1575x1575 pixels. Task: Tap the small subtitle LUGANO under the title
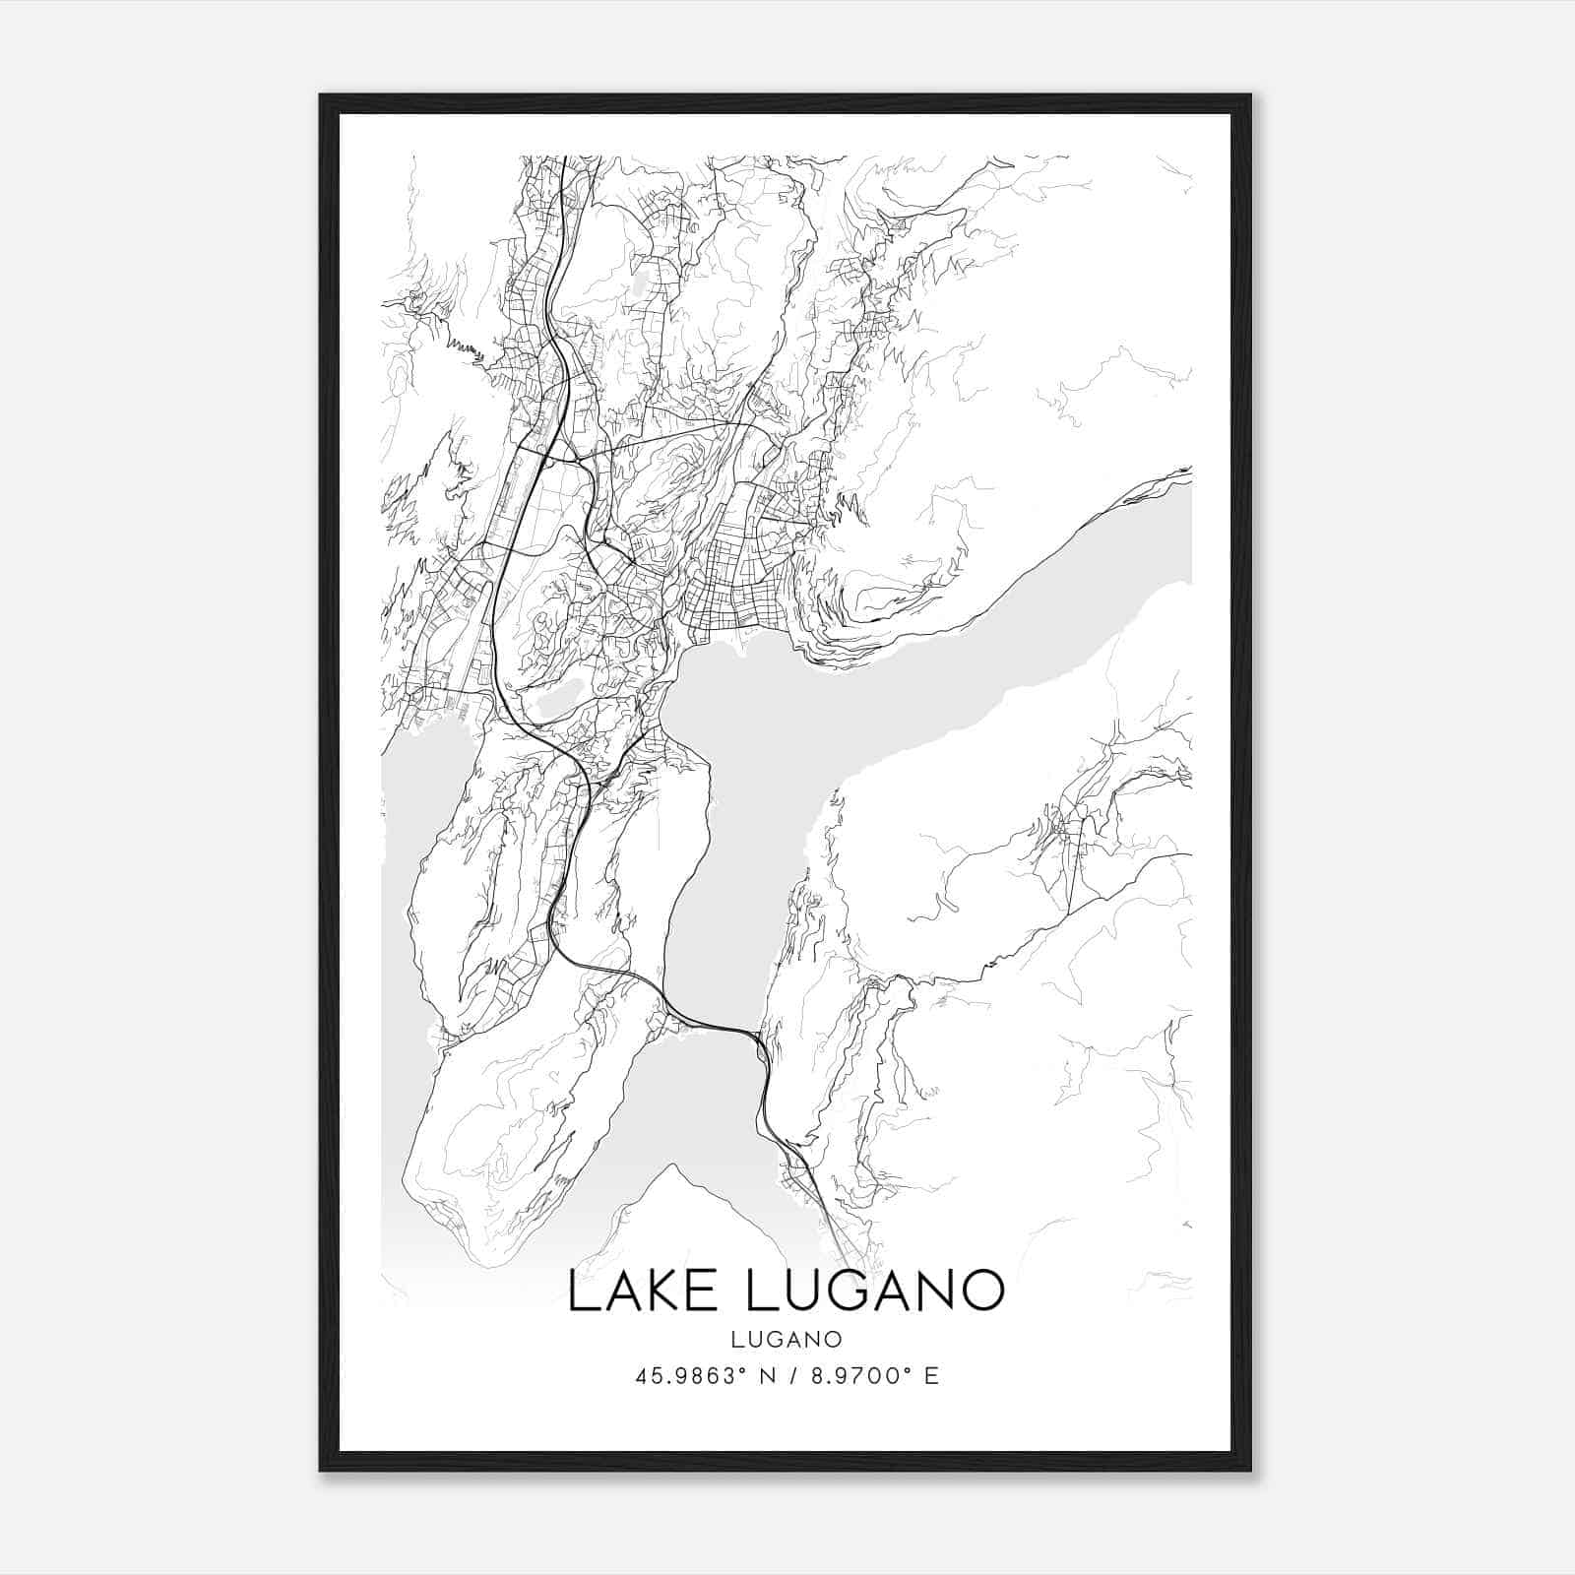(x=787, y=1339)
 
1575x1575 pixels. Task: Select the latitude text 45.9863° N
(x=698, y=1376)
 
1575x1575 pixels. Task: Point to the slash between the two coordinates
(x=787, y=1376)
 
